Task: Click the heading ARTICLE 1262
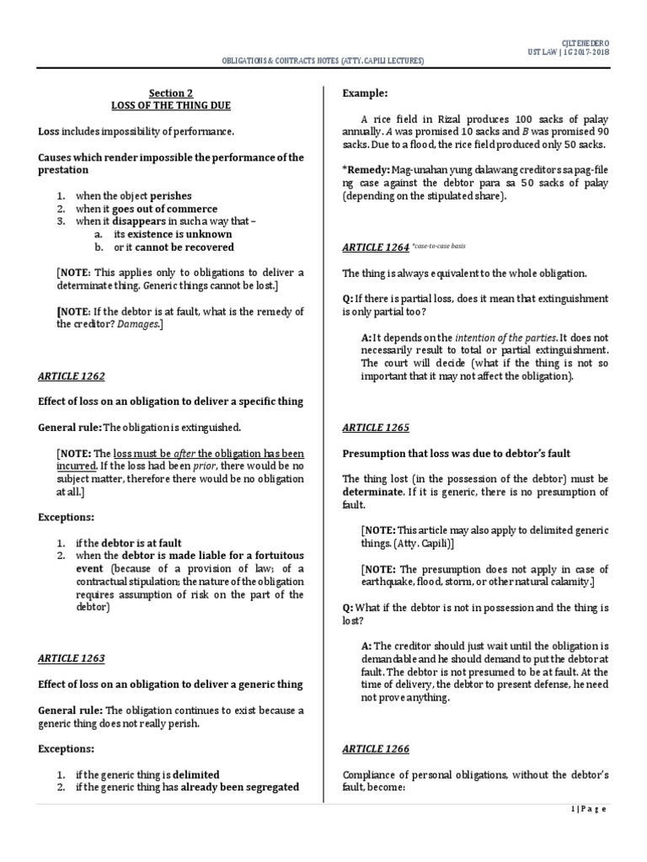(72, 376)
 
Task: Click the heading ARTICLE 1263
(72, 658)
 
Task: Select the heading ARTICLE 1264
(375, 247)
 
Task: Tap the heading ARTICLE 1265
(375, 428)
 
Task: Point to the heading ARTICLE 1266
(375, 748)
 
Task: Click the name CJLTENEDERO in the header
(585, 42)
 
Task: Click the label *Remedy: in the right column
(367, 170)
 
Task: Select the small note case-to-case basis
(439, 247)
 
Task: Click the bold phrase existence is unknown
(174, 234)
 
